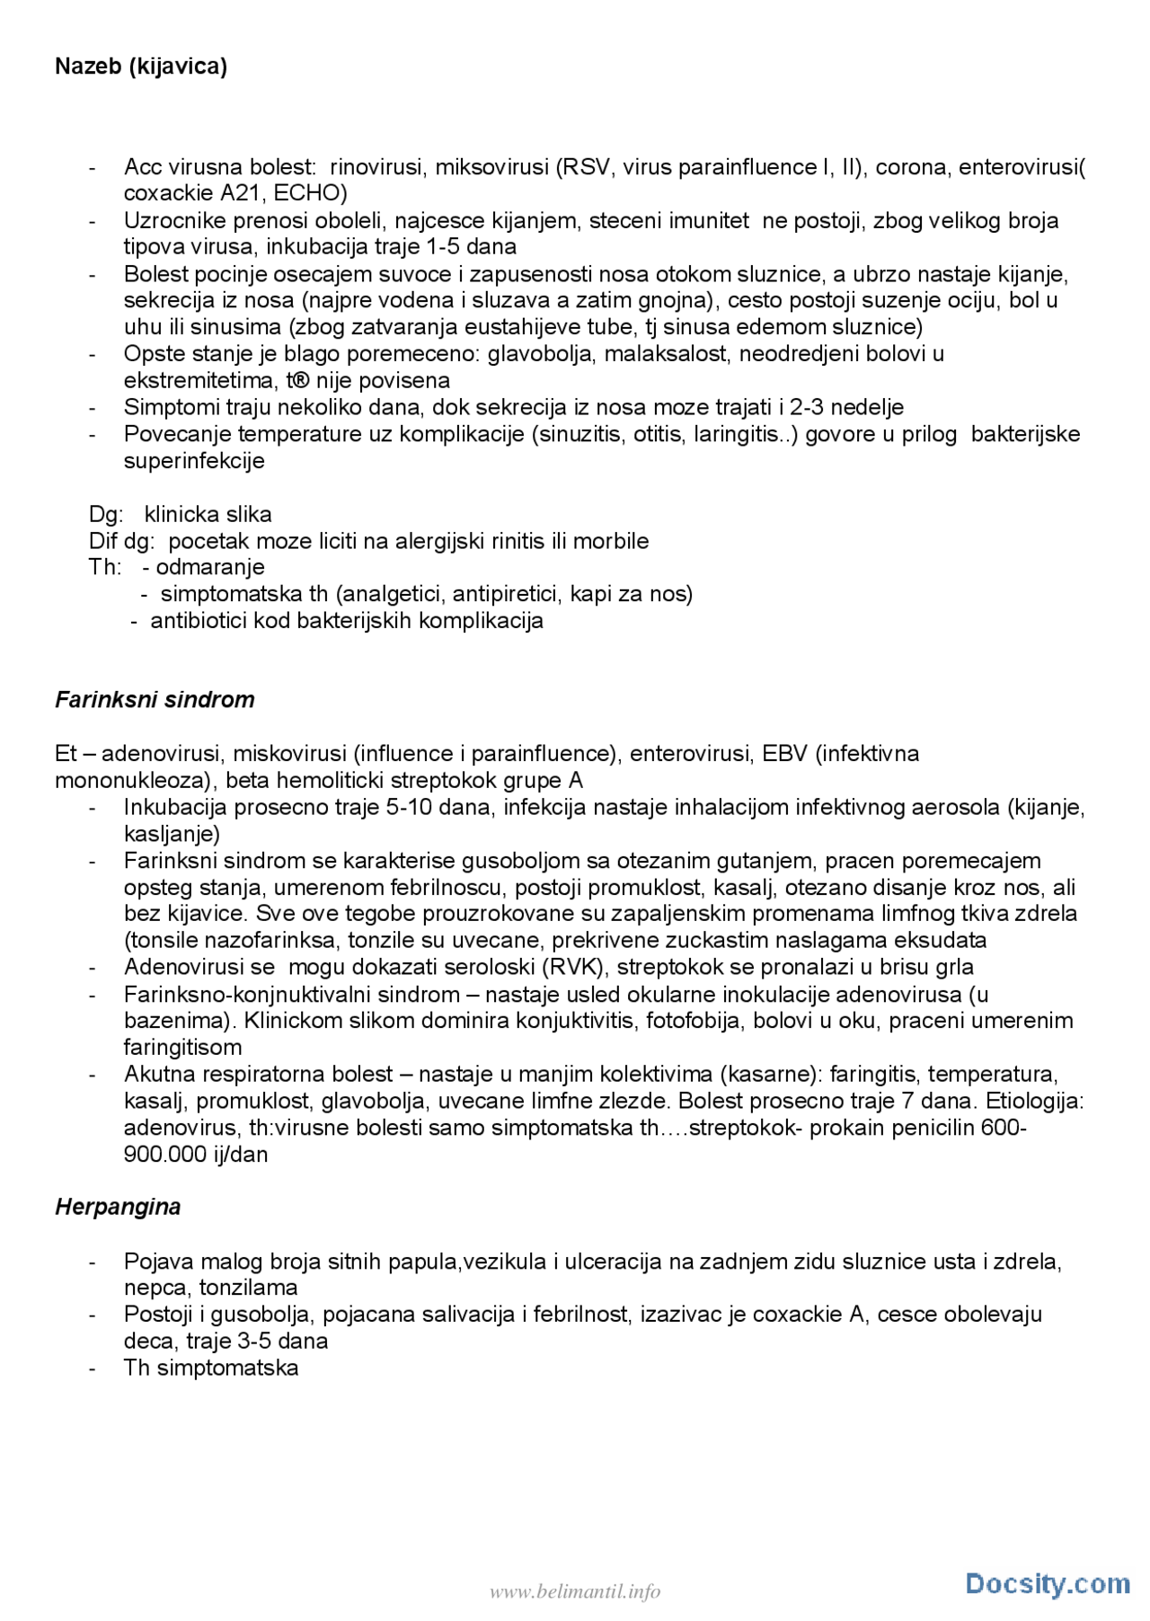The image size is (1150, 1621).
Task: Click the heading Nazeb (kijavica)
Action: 141,66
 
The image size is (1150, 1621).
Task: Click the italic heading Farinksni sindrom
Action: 155,700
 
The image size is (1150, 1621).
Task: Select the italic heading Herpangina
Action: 118,1207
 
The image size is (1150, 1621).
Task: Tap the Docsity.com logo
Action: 1048,1583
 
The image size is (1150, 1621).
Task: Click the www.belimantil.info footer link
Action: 575,1592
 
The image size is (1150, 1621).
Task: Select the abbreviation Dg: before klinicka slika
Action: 106,514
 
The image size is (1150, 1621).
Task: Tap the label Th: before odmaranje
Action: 104,567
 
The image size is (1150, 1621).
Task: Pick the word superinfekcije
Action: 194,461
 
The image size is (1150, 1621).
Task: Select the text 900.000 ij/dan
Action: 196,1155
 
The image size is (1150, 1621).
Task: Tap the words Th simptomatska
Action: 211,1368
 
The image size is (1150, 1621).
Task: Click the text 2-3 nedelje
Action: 846,407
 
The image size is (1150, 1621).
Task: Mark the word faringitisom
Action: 182,1048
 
